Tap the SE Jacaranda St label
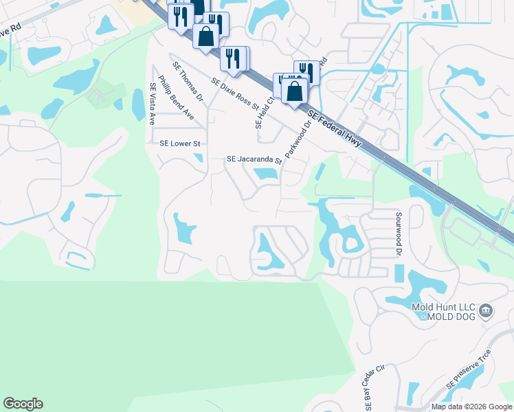click(255, 161)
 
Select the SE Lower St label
click(179, 144)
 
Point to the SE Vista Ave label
click(153, 104)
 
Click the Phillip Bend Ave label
click(176, 98)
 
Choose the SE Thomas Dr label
click(189, 82)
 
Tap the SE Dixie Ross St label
click(235, 94)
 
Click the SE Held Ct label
click(261, 112)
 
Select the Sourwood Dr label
click(397, 233)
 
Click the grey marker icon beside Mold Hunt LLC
click(487, 311)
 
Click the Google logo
click(23, 404)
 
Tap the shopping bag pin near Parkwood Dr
click(295, 91)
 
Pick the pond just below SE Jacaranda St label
click(265, 174)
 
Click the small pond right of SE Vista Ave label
click(138, 104)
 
